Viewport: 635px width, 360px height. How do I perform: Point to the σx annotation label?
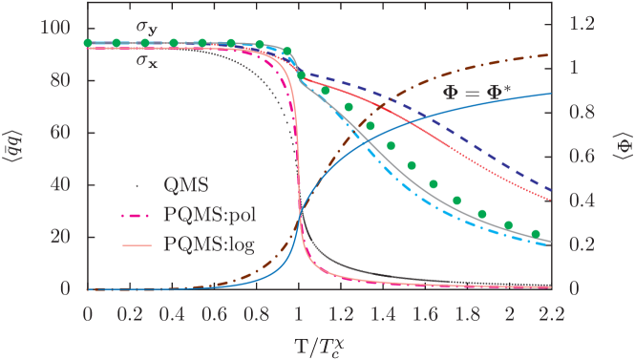coord(145,62)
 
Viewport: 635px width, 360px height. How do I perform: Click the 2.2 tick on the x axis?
coord(551,309)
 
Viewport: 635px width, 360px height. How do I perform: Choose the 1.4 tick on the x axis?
coord(382,309)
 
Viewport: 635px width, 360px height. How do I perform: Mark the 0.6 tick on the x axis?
coord(214,309)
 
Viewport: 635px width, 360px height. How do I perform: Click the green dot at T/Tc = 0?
coord(88,43)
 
